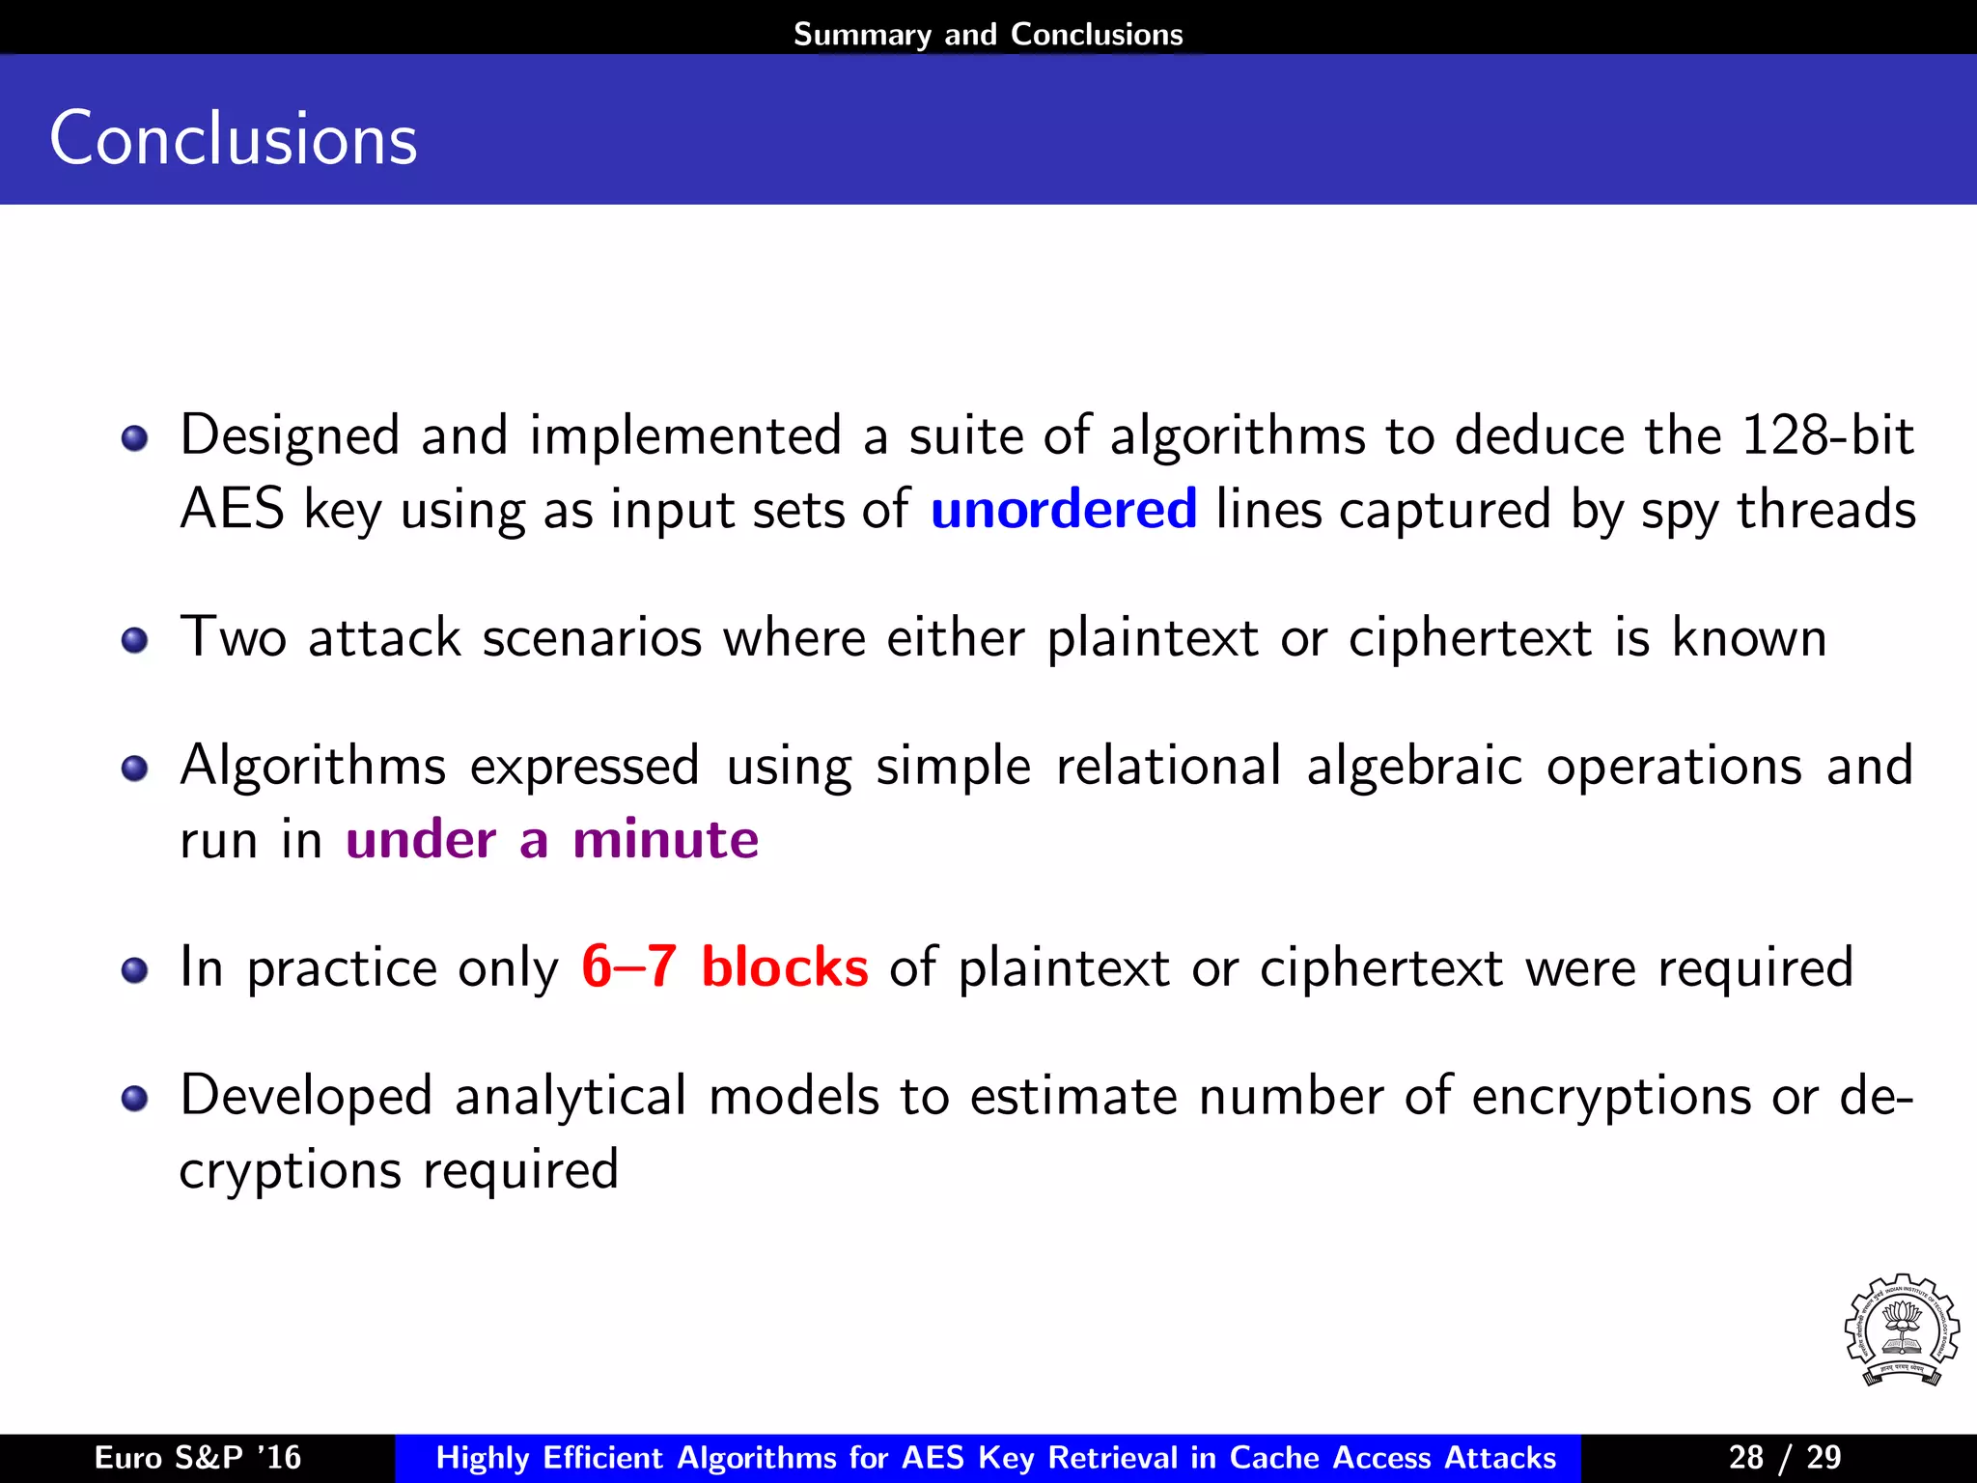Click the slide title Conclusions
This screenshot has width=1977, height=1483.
click(x=233, y=139)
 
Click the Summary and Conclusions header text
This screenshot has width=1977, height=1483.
click(x=988, y=34)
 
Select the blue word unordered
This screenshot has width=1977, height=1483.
click(x=1063, y=509)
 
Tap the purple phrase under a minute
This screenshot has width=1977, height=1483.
click(x=552, y=838)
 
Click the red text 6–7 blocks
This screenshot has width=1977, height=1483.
click(x=724, y=966)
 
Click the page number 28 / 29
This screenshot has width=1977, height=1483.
click(x=1784, y=1457)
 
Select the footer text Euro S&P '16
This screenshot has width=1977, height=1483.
click(x=197, y=1457)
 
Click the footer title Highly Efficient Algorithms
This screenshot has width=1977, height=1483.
click(x=995, y=1457)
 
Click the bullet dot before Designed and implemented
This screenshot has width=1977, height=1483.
click(x=134, y=439)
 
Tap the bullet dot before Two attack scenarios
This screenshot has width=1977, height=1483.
click(x=134, y=640)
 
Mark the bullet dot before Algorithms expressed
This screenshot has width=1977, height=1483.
click(x=134, y=769)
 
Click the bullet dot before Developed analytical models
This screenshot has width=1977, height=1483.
click(x=134, y=1099)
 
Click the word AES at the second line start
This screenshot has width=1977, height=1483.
click(x=232, y=509)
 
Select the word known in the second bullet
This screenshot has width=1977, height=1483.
click(x=1748, y=637)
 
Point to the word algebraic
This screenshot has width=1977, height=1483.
click(x=1413, y=767)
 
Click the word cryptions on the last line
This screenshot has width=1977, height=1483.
click(x=290, y=1170)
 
